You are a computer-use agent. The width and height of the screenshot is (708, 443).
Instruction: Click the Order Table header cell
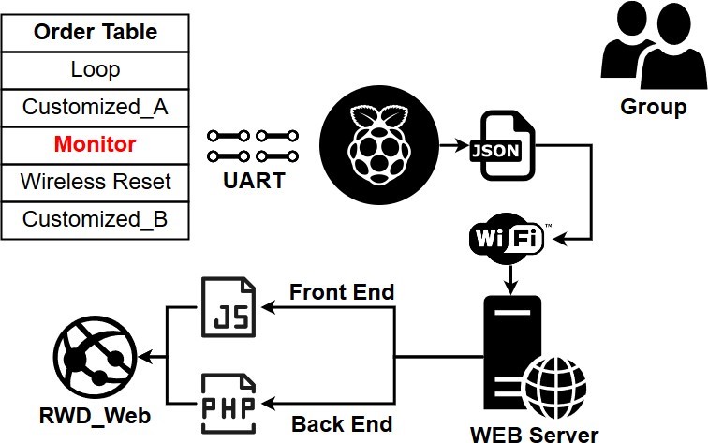(95, 32)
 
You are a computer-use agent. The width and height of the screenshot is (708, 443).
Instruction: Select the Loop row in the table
(95, 69)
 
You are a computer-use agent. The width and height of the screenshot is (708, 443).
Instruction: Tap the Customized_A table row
(95, 107)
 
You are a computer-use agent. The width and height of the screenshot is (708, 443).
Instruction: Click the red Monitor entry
(95, 144)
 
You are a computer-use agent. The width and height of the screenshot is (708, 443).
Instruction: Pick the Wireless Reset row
(95, 181)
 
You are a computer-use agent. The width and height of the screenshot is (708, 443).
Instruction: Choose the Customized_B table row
(95, 219)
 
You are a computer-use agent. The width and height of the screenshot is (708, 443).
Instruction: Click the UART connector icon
(253, 145)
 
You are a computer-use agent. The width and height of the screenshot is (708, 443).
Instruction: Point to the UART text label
(253, 181)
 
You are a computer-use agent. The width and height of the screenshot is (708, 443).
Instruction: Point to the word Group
(653, 107)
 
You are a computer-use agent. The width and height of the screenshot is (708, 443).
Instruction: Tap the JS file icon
(229, 307)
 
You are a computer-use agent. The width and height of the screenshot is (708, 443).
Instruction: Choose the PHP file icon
(229, 404)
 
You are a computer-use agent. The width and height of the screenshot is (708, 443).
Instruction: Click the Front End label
(342, 292)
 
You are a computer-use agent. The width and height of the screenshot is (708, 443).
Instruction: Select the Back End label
(342, 423)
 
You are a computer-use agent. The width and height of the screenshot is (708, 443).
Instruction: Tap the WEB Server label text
(534, 434)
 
